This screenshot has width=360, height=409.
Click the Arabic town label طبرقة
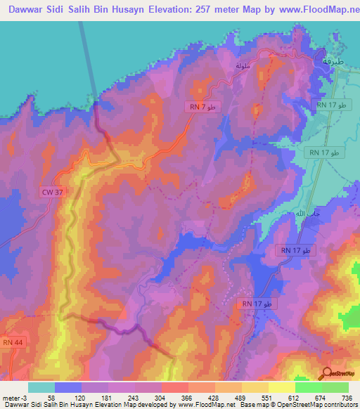tap(334, 61)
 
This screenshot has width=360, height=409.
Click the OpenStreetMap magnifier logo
tap(327, 373)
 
